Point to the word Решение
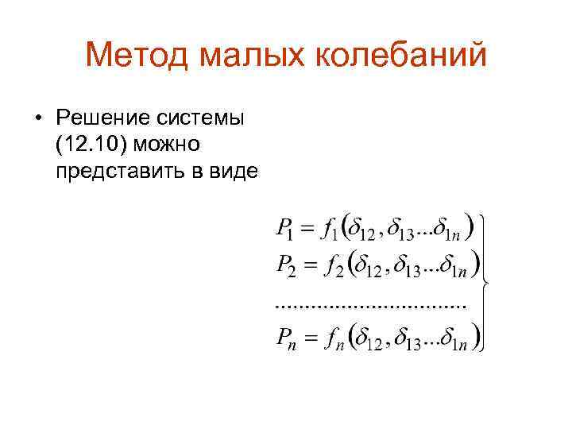(96, 118)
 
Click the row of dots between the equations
(369, 304)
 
